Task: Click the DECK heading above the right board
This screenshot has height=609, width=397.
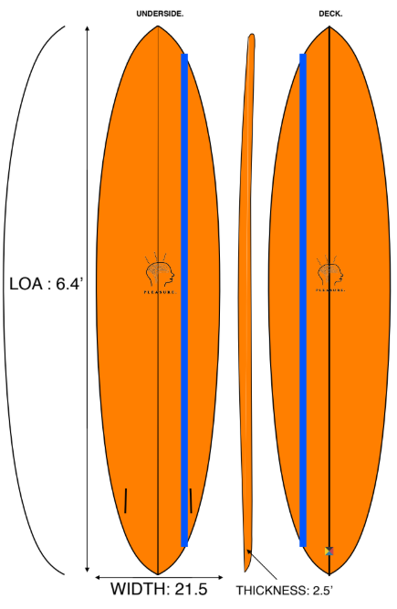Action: [x=330, y=14]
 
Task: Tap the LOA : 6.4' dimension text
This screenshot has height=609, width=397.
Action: [x=47, y=284]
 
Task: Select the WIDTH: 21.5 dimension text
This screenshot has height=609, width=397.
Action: [x=160, y=589]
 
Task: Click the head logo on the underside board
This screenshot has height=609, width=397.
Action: [x=160, y=272]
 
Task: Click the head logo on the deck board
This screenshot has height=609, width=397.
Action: [x=329, y=272]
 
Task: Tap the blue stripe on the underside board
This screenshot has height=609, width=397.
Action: [x=184, y=301]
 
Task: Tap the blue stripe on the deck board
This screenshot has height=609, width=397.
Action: [x=302, y=301]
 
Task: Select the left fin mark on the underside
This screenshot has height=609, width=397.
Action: [x=126, y=500]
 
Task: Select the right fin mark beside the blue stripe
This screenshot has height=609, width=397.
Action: [x=191, y=500]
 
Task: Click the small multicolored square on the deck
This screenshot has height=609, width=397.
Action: [x=329, y=551]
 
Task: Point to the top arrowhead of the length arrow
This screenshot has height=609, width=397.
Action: [x=87, y=29]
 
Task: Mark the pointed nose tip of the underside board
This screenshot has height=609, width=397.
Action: [x=158, y=26]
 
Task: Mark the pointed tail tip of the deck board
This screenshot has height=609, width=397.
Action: [x=329, y=572]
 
